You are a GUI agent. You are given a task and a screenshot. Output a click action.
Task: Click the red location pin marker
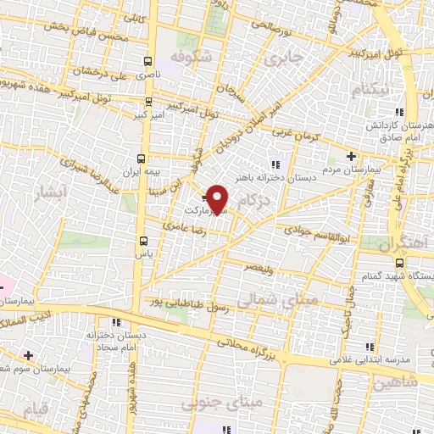(218, 198)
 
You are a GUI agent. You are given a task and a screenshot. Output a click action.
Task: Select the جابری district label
(283, 60)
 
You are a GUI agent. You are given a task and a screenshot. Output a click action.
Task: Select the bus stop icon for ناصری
(149, 62)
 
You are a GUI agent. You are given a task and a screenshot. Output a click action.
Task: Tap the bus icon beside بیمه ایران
(141, 159)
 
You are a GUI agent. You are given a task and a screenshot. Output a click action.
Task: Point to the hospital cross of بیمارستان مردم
(352, 156)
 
